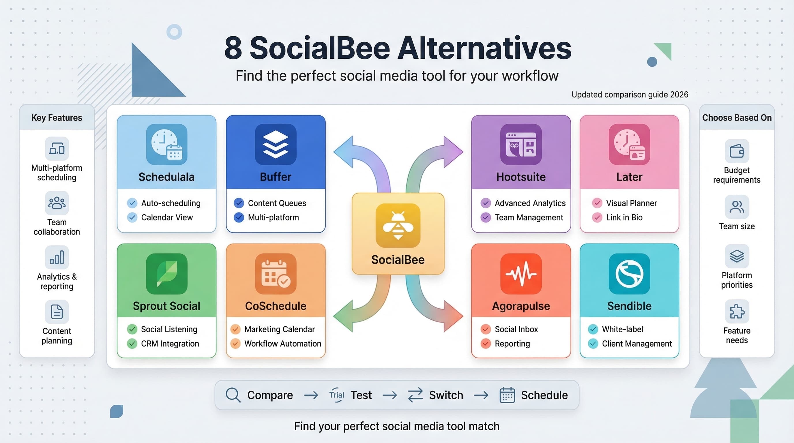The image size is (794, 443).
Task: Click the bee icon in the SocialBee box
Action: click(398, 226)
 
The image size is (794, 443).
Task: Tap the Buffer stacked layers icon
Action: click(276, 144)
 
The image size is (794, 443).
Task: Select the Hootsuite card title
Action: click(520, 177)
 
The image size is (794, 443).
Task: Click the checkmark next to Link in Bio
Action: click(597, 217)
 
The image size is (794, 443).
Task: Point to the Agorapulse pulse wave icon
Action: click(521, 274)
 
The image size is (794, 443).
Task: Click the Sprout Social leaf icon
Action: click(166, 274)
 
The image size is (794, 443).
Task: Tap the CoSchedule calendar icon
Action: click(276, 274)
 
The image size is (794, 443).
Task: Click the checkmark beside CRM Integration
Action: click(132, 343)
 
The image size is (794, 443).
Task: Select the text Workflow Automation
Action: click(283, 343)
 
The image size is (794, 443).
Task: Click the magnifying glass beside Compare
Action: click(233, 395)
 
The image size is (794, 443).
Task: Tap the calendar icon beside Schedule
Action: click(507, 395)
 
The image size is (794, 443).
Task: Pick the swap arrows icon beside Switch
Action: click(415, 395)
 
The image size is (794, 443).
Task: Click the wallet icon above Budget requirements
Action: click(737, 151)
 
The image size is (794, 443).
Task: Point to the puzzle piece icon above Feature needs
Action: click(737, 311)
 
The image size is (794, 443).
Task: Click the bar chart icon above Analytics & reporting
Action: click(57, 258)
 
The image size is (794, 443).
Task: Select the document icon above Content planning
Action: click(57, 312)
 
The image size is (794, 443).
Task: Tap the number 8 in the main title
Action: click(233, 48)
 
